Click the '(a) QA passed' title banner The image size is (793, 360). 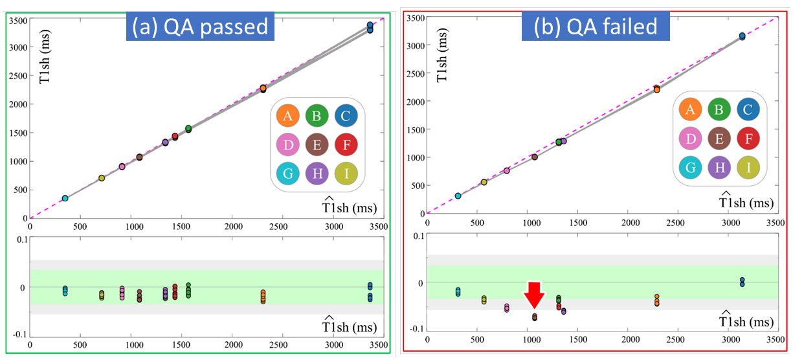coord(199,27)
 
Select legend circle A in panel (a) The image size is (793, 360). coord(287,116)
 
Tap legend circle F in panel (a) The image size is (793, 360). coord(347,144)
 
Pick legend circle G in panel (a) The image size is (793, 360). coord(287,174)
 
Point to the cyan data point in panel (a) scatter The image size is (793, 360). coord(65,198)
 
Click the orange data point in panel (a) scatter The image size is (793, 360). coord(263,88)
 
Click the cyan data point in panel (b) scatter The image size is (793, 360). coord(458,196)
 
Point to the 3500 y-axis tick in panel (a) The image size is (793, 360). coord(17,21)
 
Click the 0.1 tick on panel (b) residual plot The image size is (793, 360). coord(416,235)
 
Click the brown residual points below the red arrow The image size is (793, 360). coord(535,317)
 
